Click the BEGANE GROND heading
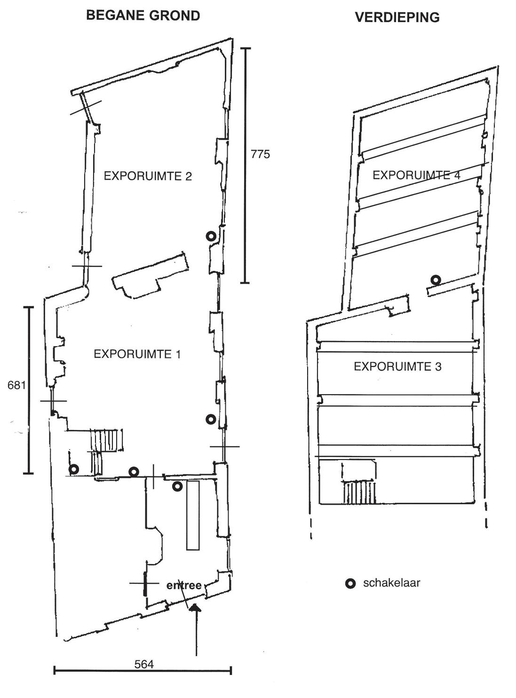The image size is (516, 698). tap(143, 16)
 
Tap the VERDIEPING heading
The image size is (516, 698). tap(397, 17)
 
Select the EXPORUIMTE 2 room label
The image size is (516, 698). tap(148, 176)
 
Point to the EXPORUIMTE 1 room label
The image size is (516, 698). tap(137, 354)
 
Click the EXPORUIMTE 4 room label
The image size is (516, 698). tap(416, 175)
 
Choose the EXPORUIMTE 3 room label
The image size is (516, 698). tap(397, 366)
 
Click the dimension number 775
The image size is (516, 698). tap(260, 154)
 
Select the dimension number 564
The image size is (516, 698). tap(144, 664)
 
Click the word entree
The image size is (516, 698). tap(184, 586)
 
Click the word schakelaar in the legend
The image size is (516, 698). tap(391, 583)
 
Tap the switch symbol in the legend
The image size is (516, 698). tap(350, 584)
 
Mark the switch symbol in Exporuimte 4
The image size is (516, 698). tap(436, 280)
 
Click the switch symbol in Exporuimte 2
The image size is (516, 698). tap(211, 237)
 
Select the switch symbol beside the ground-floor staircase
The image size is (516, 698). tap(74, 469)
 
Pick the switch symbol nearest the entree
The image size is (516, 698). tap(177, 486)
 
